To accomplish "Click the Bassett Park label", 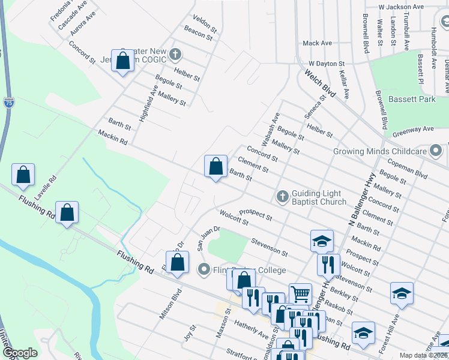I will click(411, 99).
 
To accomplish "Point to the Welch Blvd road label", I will click(319, 82).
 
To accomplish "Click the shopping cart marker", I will click(300, 293).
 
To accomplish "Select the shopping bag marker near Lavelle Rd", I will click(23, 175).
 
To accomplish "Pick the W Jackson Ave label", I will click(401, 7).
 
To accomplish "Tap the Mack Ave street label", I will click(317, 43).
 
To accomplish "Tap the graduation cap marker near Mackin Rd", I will click(322, 241).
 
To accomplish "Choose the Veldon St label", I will click(205, 24).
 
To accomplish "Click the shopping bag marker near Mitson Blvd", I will click(177, 262).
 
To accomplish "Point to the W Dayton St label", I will click(326, 63).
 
